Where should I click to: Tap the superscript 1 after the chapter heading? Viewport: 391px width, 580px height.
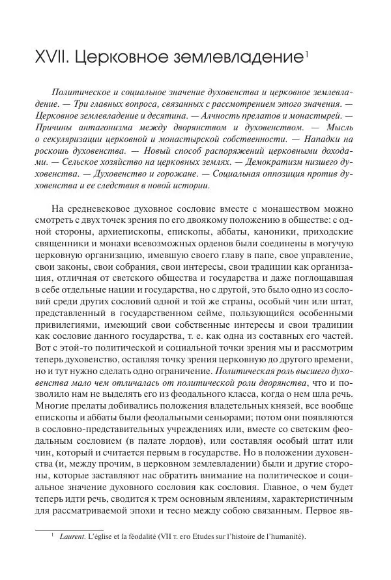[306, 52]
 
